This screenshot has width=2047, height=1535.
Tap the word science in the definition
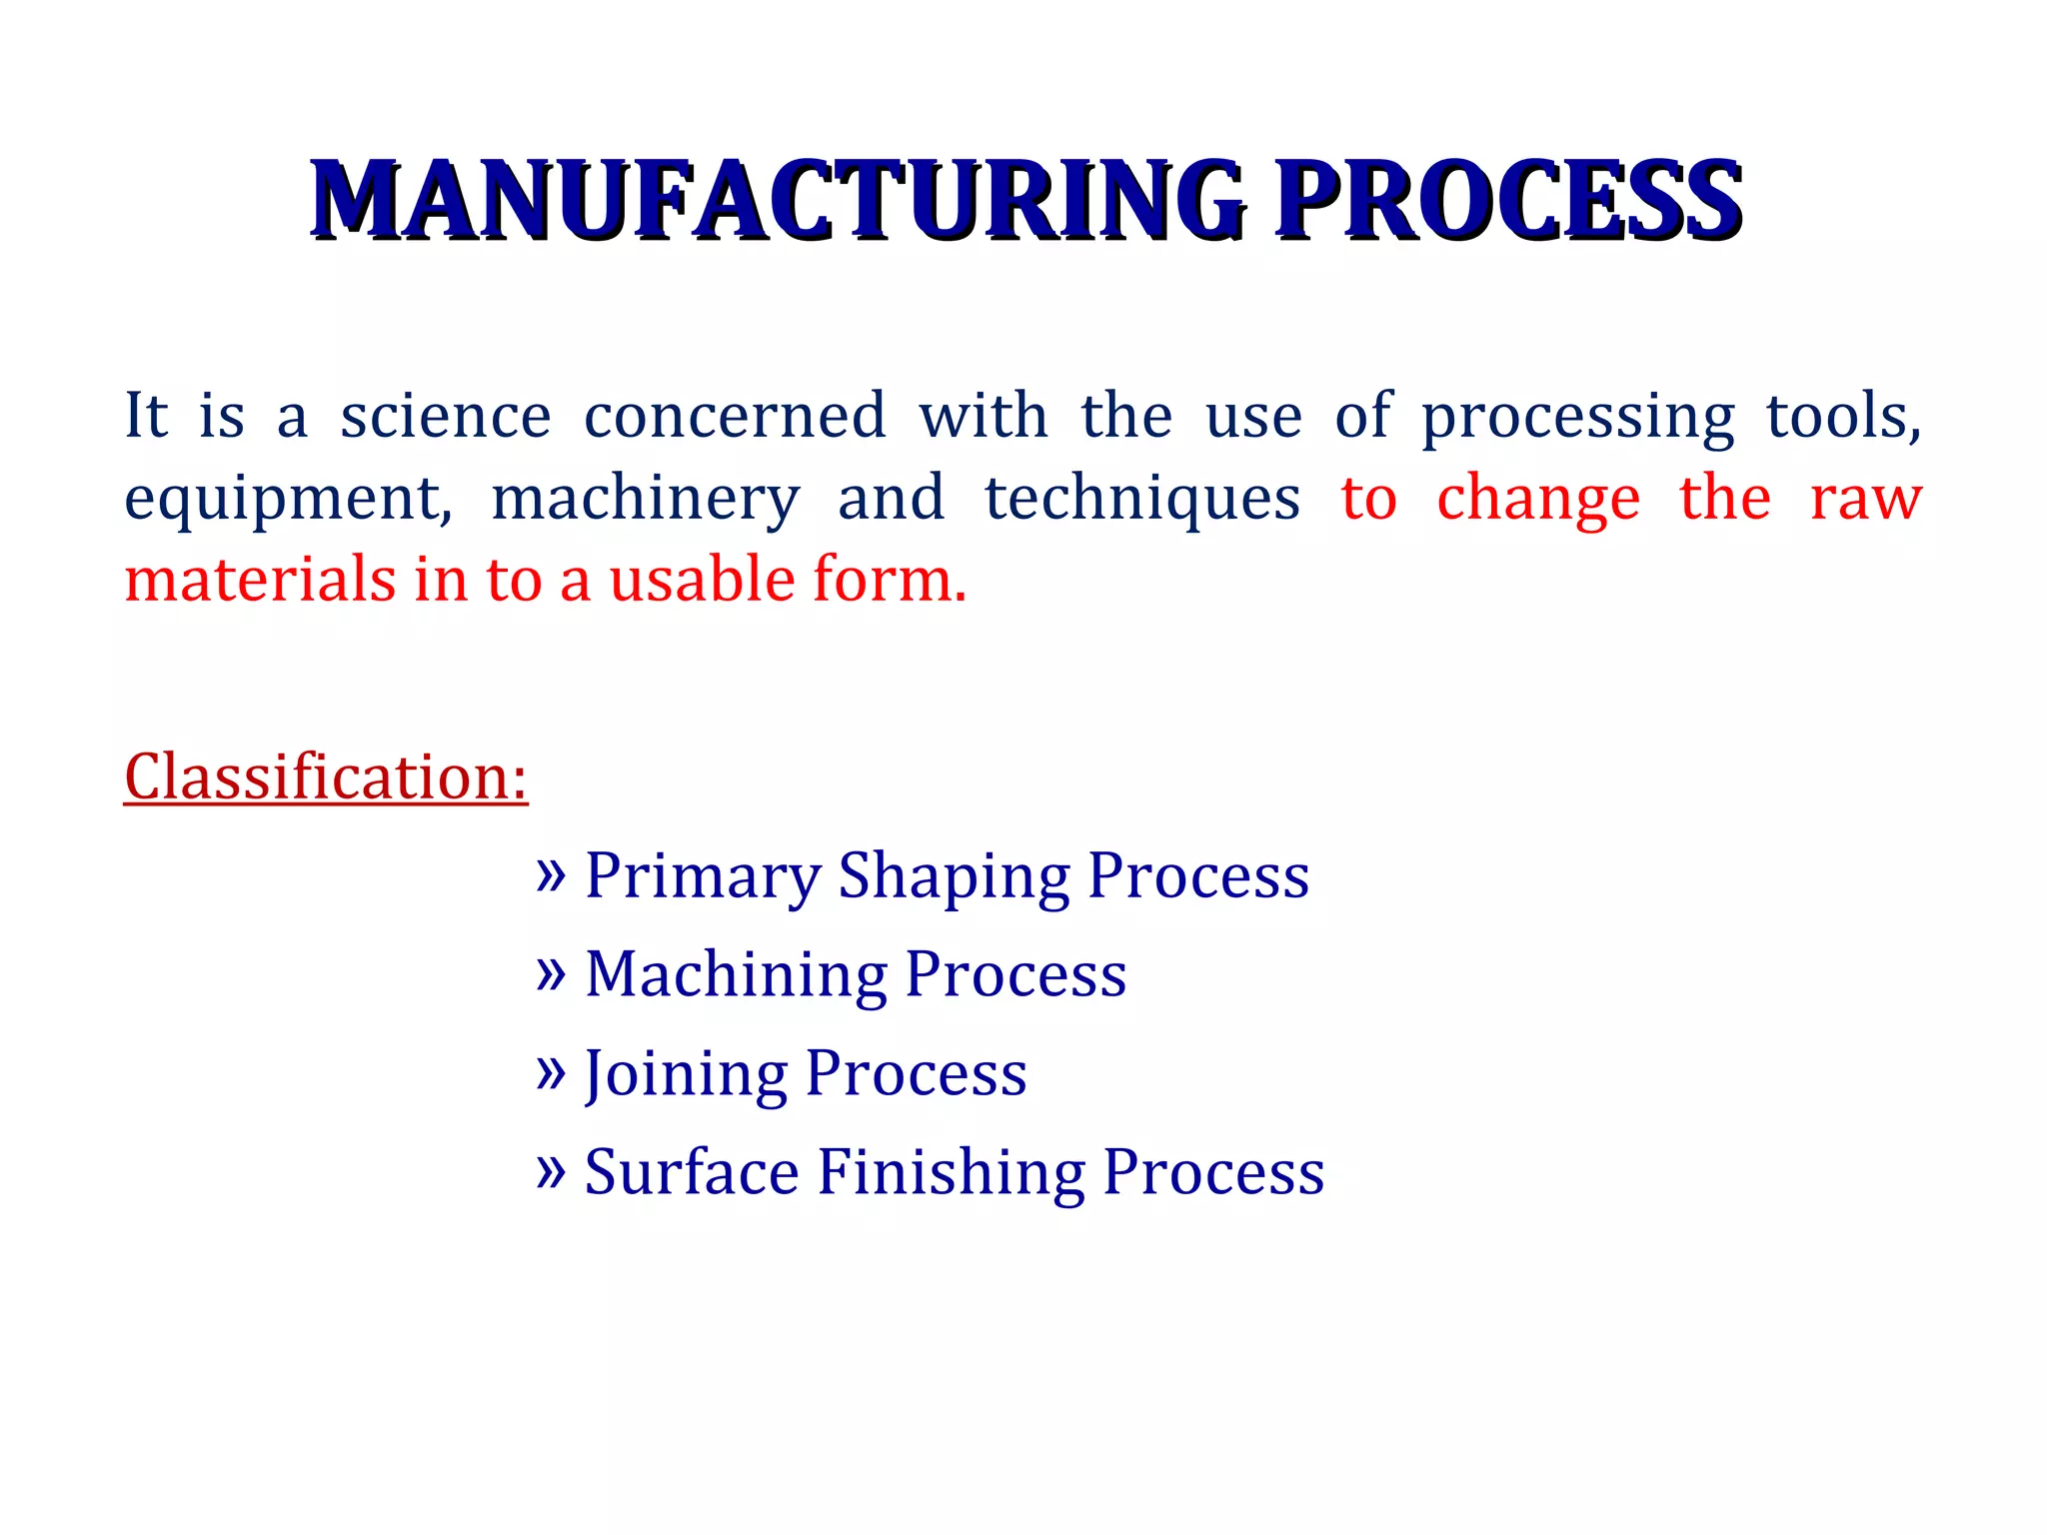pos(446,416)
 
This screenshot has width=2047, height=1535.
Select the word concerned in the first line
pos(735,416)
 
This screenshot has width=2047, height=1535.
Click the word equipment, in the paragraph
pos(288,500)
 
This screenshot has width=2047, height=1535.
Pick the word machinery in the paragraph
pos(646,500)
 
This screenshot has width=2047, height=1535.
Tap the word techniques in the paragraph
pos(1142,500)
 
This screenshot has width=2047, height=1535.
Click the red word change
pos(1538,500)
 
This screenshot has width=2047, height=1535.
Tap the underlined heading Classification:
pos(326,776)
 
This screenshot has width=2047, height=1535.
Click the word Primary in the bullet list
pos(702,876)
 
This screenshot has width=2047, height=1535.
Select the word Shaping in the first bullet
pos(954,876)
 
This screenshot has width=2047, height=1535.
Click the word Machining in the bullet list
pos(736,974)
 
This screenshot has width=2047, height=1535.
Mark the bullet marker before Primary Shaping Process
pos(551,874)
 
